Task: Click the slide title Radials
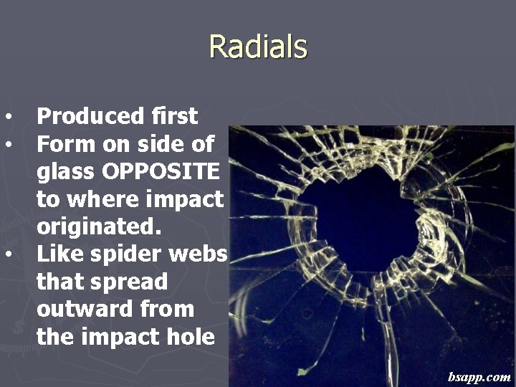tap(258, 47)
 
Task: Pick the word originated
tap(97, 226)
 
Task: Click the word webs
tap(202, 254)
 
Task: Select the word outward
tap(79, 310)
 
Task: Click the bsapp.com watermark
tap(479, 376)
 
